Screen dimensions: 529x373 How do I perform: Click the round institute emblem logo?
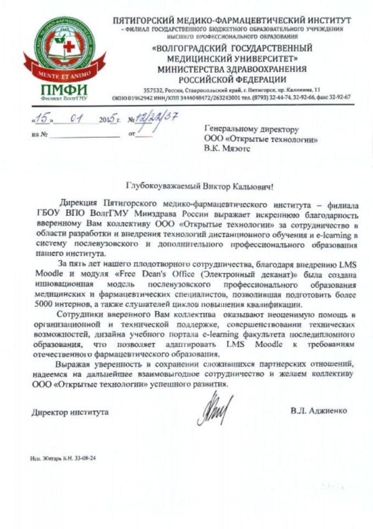coord(64,46)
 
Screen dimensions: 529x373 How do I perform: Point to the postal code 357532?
coord(153,89)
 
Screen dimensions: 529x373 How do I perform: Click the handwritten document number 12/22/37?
coord(157,118)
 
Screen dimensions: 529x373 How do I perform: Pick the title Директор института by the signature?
coord(70,412)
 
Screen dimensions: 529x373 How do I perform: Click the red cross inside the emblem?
coord(69,46)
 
